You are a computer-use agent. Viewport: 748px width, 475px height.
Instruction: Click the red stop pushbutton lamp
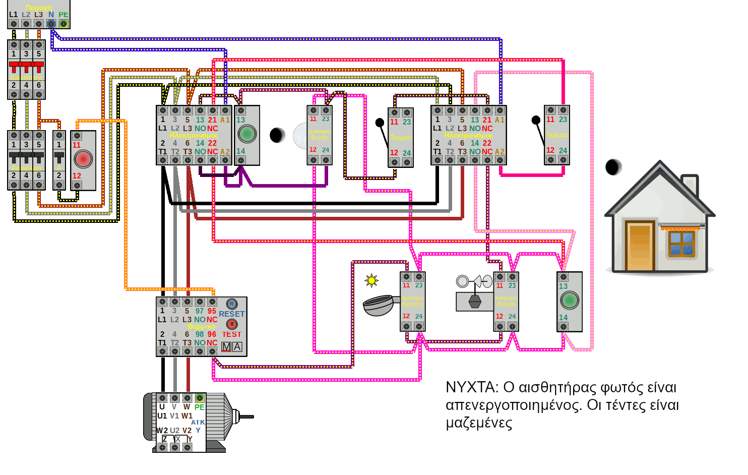83,159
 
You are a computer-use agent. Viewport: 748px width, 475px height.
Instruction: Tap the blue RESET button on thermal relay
231,304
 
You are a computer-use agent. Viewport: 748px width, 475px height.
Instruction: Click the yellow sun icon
371,280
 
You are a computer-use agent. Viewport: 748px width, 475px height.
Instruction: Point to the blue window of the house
681,243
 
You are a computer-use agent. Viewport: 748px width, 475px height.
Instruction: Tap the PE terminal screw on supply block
64,24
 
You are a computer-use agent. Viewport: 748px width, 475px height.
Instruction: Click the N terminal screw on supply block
51,24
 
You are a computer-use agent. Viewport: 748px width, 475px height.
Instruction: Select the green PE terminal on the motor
200,398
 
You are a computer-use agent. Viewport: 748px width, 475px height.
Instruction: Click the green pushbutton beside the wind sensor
569,301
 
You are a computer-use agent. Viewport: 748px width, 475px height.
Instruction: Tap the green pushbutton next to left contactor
247,134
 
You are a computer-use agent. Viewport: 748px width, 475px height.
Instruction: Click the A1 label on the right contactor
499,120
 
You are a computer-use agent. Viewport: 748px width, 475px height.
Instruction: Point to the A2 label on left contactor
225,151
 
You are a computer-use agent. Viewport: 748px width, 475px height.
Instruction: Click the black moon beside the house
613,167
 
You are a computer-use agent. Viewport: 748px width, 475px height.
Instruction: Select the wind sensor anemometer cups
474,281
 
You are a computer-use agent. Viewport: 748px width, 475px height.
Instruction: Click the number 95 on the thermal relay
212,311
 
